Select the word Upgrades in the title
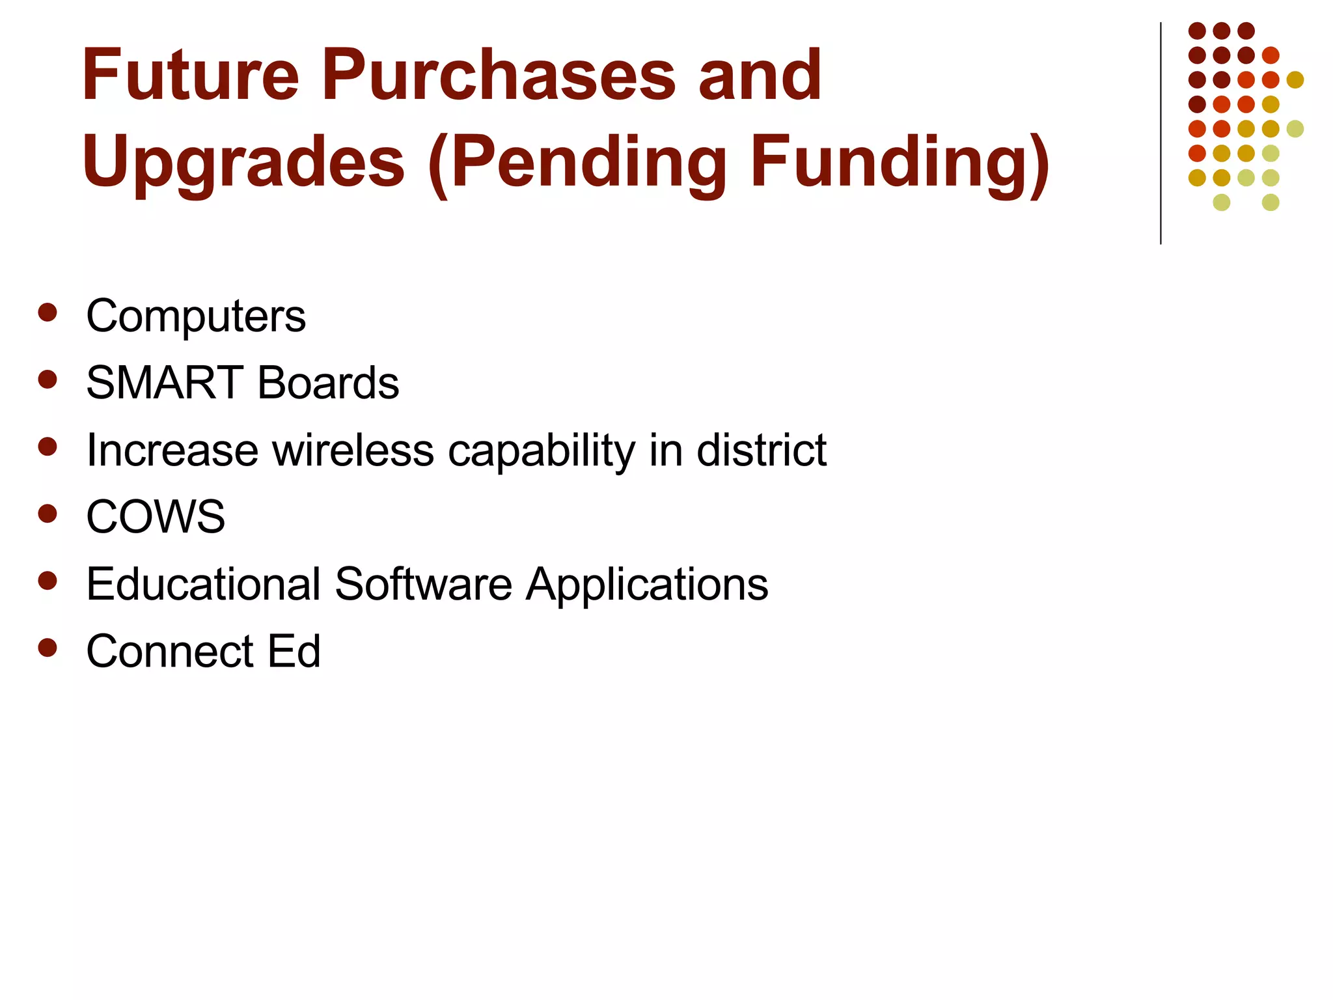243,163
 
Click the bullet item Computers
195,316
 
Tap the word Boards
328,383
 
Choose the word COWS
156,517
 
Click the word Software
423,584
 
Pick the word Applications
647,585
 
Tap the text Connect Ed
203,651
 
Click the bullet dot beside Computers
48,312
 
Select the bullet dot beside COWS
48,514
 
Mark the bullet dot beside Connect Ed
48,648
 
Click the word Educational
204,584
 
